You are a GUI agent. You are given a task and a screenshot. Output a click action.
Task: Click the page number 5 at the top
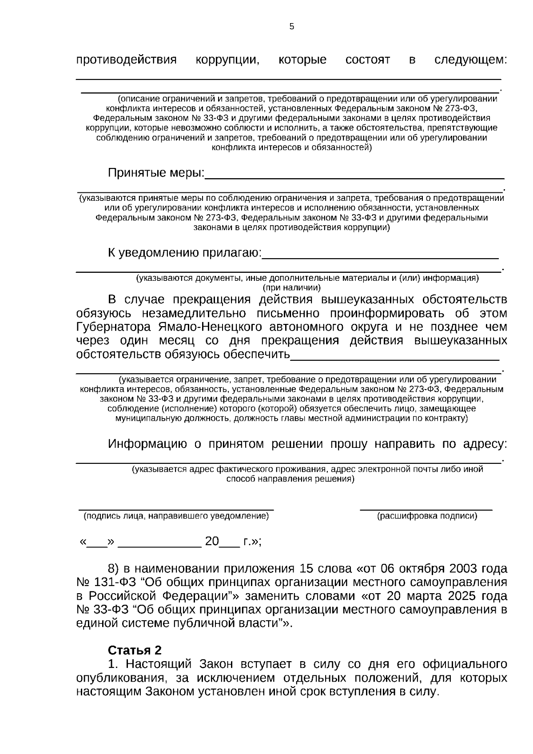(x=291, y=27)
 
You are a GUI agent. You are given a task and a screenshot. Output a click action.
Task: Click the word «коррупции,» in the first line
(x=227, y=60)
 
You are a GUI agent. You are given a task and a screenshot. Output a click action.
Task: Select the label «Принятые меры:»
(x=156, y=173)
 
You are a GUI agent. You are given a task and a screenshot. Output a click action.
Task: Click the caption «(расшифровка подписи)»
(x=427, y=516)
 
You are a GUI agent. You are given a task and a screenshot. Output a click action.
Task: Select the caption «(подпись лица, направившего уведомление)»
(x=176, y=516)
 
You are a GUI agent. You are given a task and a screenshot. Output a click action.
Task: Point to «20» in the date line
(x=212, y=542)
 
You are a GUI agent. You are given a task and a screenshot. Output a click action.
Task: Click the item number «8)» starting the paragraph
(x=114, y=569)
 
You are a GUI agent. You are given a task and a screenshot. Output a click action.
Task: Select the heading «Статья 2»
(x=135, y=650)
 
